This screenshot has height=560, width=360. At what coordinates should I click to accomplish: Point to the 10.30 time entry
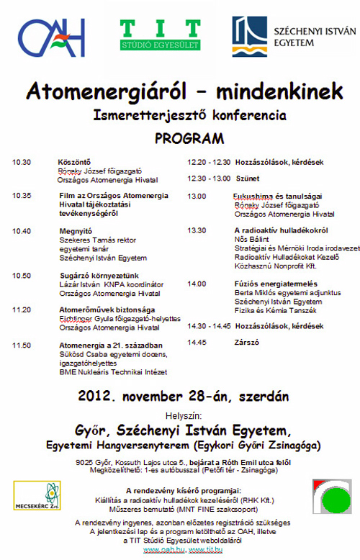pyautogui.click(x=22, y=162)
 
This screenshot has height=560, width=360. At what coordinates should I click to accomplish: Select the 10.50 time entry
pyautogui.click(x=22, y=275)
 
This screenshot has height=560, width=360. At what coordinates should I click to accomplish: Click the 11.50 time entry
pyautogui.click(x=22, y=346)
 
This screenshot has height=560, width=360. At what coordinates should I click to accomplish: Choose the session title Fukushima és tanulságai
pyautogui.click(x=277, y=196)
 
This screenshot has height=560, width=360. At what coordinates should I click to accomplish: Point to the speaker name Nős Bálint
pyautogui.click(x=251, y=239)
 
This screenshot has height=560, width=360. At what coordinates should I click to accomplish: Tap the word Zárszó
pyautogui.click(x=247, y=343)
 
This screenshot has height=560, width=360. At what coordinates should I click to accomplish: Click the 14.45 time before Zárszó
pyautogui.click(x=197, y=343)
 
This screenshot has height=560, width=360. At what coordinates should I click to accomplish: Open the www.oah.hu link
pyautogui.click(x=160, y=550)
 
